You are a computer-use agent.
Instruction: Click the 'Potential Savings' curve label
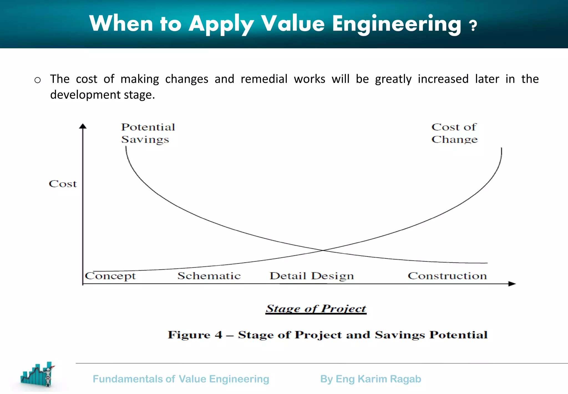point(148,133)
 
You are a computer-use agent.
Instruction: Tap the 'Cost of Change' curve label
point(454,133)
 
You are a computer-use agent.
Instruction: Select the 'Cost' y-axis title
point(63,184)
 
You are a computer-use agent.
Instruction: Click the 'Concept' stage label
point(110,276)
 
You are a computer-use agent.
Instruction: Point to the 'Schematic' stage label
point(209,276)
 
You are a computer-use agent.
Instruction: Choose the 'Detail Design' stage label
point(312,276)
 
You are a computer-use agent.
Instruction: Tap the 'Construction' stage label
point(447,276)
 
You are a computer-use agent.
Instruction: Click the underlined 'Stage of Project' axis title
point(316,308)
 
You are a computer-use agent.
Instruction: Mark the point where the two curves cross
point(323,250)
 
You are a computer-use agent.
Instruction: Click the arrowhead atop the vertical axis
point(83,126)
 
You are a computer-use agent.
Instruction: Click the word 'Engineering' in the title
point(397,24)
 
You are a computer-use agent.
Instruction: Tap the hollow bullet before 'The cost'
point(38,80)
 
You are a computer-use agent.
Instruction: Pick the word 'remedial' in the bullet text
point(264,79)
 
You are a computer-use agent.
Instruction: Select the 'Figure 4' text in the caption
point(195,335)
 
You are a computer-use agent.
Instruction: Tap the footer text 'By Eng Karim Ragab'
point(371,379)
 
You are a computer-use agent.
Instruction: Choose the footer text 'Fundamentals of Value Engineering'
point(181,379)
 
